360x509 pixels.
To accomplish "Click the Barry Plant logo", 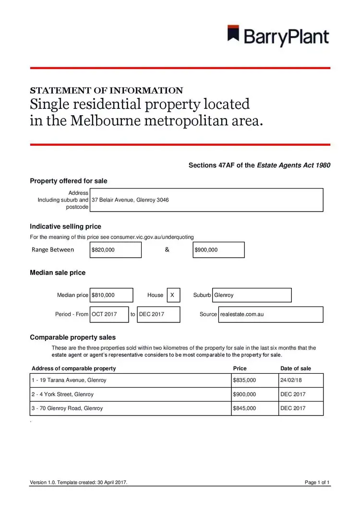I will [278, 36].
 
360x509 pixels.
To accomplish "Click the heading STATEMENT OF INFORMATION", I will [106, 90].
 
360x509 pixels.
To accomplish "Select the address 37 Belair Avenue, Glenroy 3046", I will [130, 200].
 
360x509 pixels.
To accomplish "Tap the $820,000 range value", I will [116, 250].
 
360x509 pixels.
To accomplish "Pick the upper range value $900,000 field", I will [218, 250].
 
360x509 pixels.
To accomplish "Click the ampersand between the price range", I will [167, 249].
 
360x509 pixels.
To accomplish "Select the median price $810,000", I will [112, 295].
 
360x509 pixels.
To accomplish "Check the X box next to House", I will [173, 295].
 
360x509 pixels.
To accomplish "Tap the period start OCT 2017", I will [109, 314].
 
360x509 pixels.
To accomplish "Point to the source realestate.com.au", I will [271, 314].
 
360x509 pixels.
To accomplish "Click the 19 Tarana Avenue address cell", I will [130, 380].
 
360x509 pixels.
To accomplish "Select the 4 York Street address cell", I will [130, 394].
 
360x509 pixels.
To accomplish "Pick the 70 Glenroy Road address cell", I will [130, 408].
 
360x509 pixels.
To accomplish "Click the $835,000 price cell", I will [254, 380].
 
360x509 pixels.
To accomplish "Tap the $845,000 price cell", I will [254, 408].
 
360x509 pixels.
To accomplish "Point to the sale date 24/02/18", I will [300, 380].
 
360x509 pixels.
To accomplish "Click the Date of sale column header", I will [296, 368].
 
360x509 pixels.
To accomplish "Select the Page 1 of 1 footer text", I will [317, 482].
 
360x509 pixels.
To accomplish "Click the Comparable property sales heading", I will [72, 337].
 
